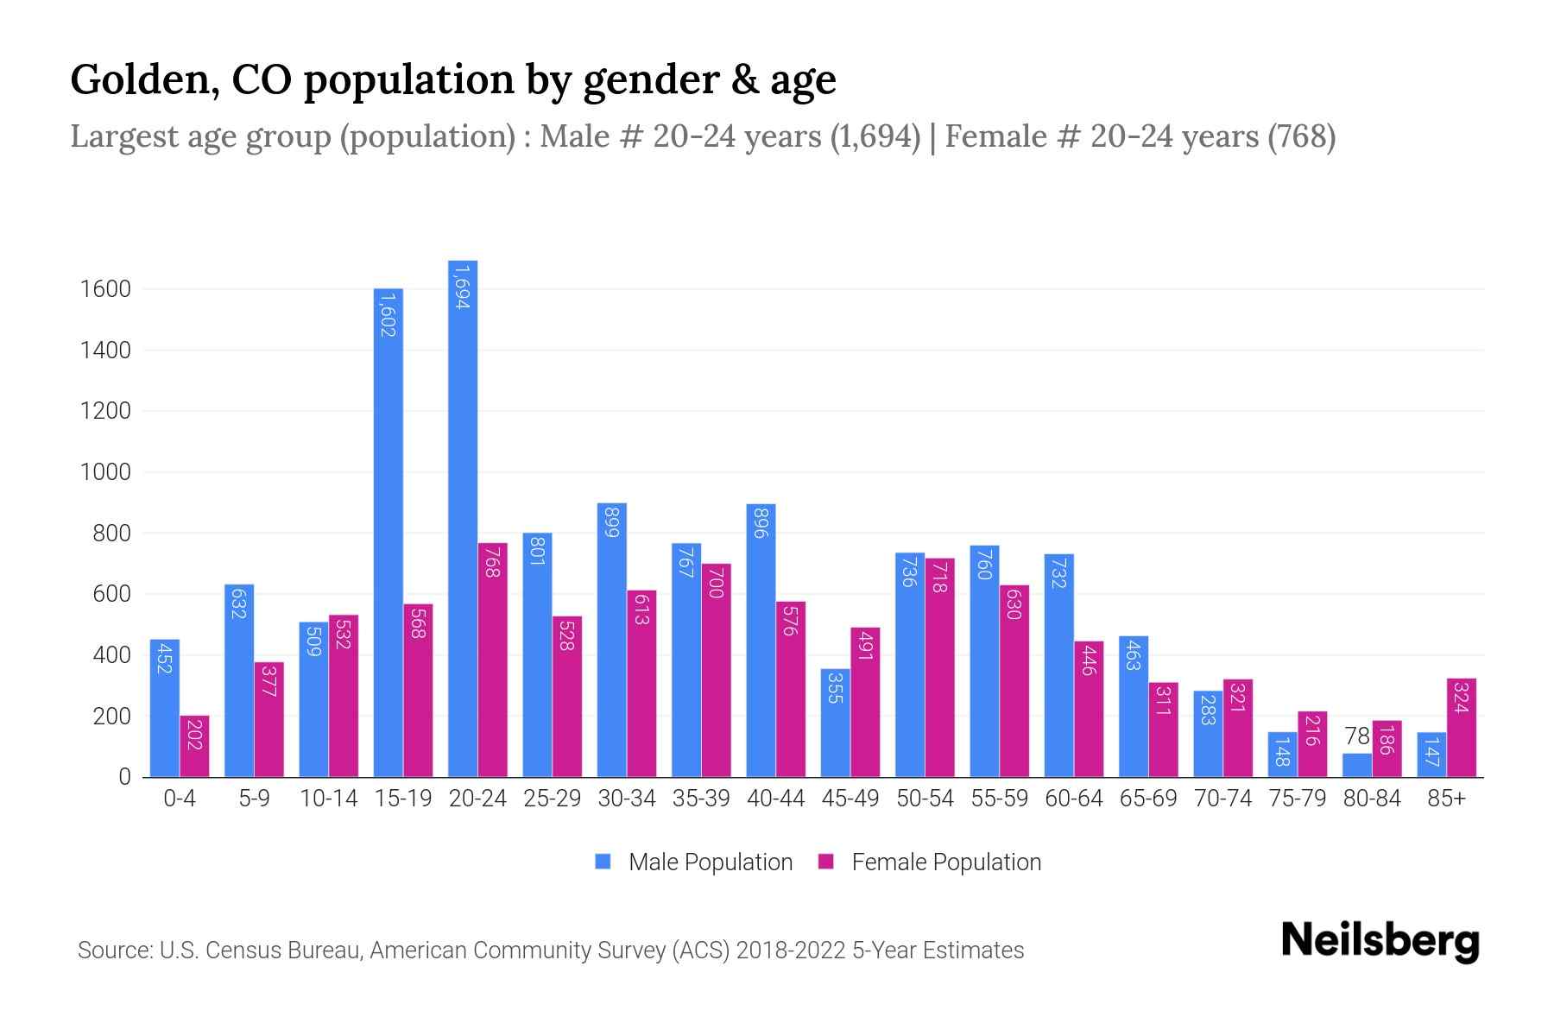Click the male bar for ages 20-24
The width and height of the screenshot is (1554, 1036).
pos(463,518)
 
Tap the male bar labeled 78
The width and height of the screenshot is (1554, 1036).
pos(1357,765)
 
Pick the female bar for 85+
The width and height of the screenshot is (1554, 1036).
pos(1461,728)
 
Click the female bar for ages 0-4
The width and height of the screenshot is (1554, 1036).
pos(194,746)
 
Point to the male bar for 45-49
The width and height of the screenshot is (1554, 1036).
pos(835,723)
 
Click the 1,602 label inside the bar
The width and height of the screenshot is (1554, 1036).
pos(388,314)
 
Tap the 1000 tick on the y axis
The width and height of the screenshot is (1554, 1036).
pos(105,472)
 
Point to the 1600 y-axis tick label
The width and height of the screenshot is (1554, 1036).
pos(105,289)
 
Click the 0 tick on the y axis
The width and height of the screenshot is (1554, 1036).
pos(124,777)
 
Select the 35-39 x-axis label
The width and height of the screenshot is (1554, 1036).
pos(701,799)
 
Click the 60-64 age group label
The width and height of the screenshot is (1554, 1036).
pos(1073,799)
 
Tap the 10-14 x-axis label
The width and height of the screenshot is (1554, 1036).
pos(328,799)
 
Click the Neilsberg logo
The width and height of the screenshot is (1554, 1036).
pos(1380,941)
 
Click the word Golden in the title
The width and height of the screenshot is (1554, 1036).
pos(137,79)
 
